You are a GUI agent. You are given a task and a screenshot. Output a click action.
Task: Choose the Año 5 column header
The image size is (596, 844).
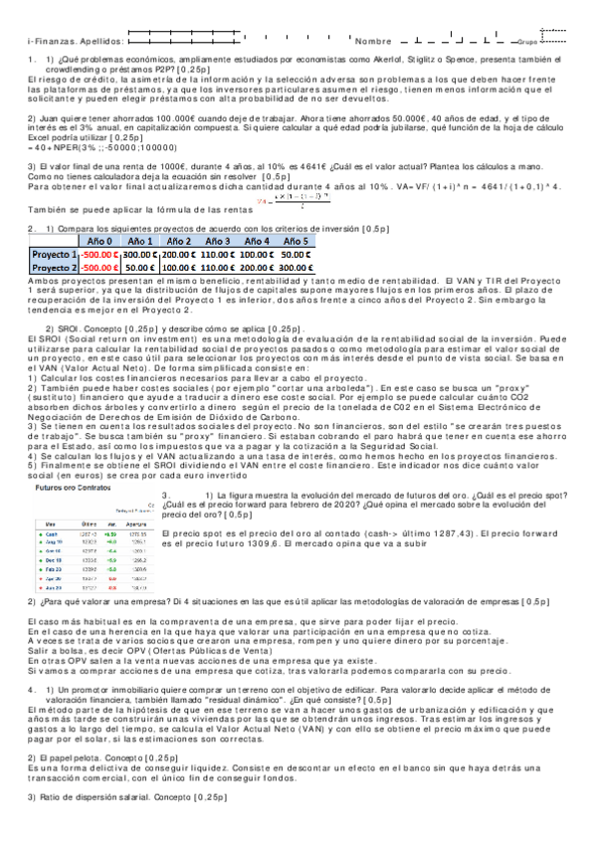coord(300,241)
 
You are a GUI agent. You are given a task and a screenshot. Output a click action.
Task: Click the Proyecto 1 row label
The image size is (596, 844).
coord(55,255)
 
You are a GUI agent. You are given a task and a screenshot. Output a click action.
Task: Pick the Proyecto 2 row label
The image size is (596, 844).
coord(55,268)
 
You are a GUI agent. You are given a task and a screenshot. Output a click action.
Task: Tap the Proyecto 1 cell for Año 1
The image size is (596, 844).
coord(138,255)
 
